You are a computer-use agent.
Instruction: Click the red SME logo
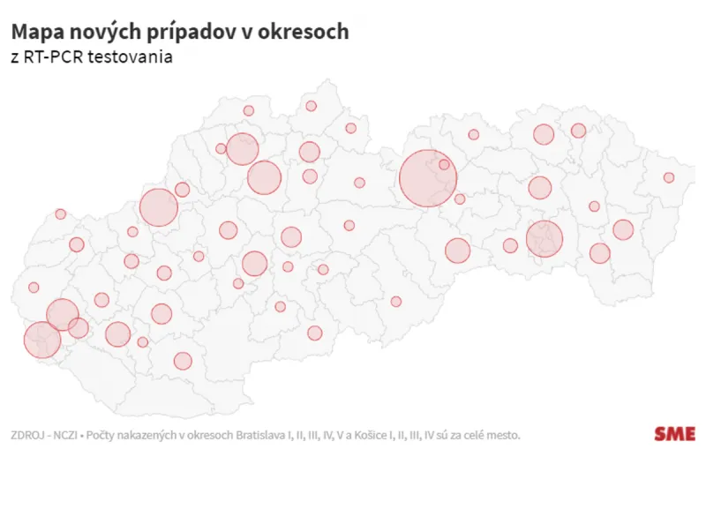tap(674, 433)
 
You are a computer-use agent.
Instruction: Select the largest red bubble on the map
tap(428, 179)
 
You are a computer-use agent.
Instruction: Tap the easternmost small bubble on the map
tap(669, 177)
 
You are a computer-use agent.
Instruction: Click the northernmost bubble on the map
tap(312, 106)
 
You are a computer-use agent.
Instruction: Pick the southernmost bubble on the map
tap(183, 361)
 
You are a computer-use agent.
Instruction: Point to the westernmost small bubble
tap(34, 288)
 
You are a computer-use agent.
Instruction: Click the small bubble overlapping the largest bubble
tap(444, 164)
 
